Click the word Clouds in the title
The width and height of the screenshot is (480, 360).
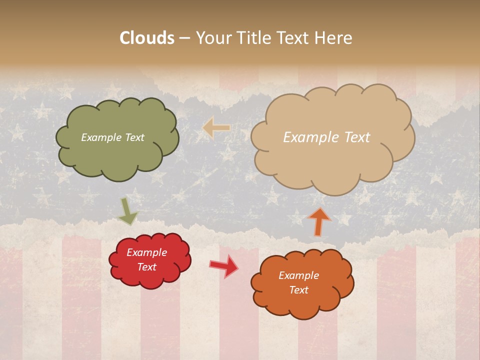(x=147, y=37)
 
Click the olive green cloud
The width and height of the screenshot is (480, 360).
(x=117, y=155)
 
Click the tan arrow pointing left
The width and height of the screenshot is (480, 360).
(x=216, y=128)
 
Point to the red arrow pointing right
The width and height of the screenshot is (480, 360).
(x=224, y=266)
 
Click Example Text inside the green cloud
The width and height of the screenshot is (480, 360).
(x=112, y=137)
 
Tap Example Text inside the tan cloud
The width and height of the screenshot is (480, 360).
(x=326, y=137)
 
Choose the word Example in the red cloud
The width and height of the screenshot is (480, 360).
(x=146, y=252)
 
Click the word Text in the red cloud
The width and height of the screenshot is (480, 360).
(x=146, y=267)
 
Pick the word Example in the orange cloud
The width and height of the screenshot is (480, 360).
(x=298, y=275)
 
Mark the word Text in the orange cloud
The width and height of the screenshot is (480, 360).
(x=298, y=290)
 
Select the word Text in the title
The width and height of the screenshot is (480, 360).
(x=295, y=37)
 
